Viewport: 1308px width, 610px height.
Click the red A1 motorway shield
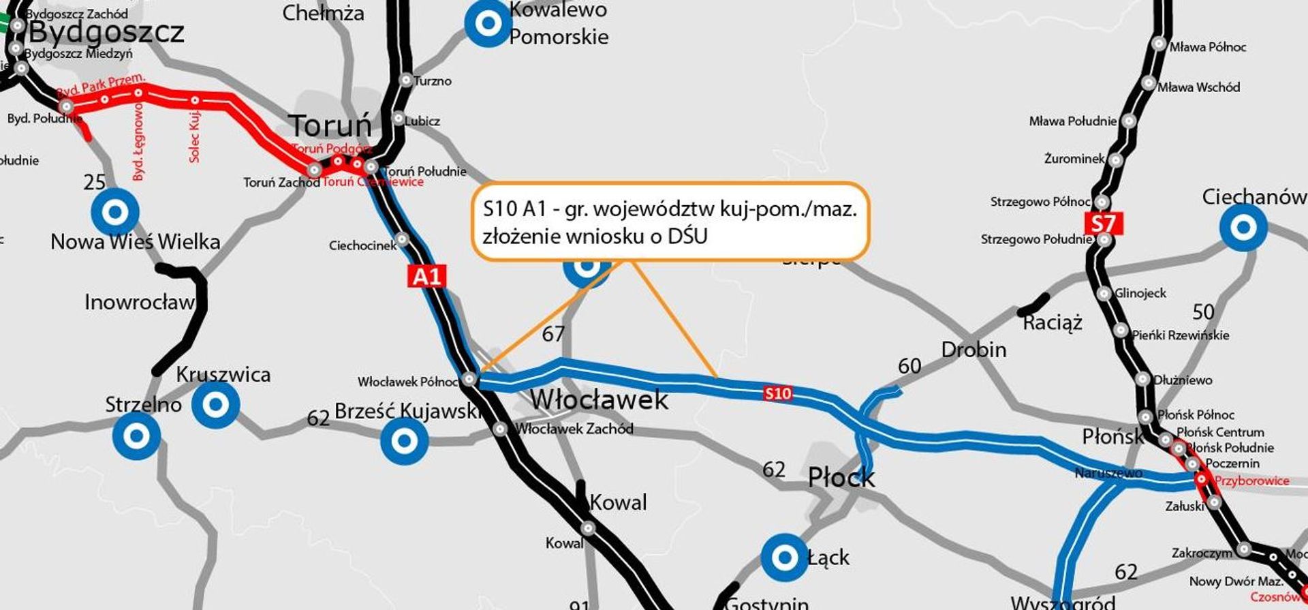(x=427, y=276)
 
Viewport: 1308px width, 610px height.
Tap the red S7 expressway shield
(x=1102, y=223)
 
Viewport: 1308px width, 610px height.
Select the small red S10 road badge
(x=777, y=393)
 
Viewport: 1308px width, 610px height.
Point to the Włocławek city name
(x=599, y=399)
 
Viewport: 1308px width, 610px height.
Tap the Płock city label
(x=841, y=477)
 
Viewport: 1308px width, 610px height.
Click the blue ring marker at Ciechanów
(x=1243, y=227)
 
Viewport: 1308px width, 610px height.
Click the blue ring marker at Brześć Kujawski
(x=404, y=440)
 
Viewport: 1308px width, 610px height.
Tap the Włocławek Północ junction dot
(x=469, y=379)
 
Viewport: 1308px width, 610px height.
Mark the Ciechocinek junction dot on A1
(x=402, y=239)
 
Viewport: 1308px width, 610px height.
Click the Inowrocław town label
(x=139, y=302)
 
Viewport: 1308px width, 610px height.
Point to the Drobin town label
(x=974, y=350)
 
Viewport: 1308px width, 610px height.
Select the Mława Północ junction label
(x=1207, y=47)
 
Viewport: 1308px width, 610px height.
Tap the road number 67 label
(x=553, y=334)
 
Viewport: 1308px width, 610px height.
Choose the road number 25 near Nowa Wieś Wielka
(x=95, y=182)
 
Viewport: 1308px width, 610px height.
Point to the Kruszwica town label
(x=223, y=374)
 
